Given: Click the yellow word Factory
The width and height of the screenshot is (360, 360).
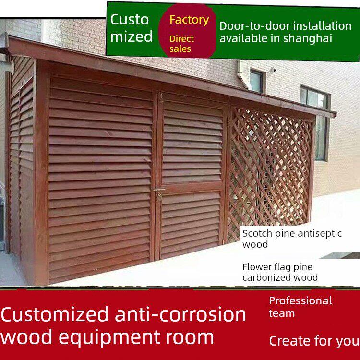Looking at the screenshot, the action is (189, 20).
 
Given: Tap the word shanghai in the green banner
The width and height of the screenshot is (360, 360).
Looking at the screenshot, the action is (308, 38).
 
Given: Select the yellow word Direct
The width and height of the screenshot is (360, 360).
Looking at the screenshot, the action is (181, 38).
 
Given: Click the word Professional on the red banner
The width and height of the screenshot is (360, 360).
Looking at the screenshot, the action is (300, 301).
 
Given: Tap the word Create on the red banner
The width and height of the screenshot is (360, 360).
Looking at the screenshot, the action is (288, 340).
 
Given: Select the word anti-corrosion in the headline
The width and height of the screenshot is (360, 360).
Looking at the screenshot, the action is (180, 314).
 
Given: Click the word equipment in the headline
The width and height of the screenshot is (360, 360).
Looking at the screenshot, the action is (111, 337).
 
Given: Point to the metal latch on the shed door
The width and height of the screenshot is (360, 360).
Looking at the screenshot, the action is (158, 193).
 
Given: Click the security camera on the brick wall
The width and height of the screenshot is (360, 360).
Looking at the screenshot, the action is (273, 70).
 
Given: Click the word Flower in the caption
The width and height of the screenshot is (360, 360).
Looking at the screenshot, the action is (254, 267).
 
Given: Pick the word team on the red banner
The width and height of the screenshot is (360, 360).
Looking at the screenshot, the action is (282, 313).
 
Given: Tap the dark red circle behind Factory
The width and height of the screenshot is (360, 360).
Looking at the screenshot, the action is (188, 31).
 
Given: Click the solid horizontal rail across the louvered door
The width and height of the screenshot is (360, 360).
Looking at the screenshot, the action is (191, 188).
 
